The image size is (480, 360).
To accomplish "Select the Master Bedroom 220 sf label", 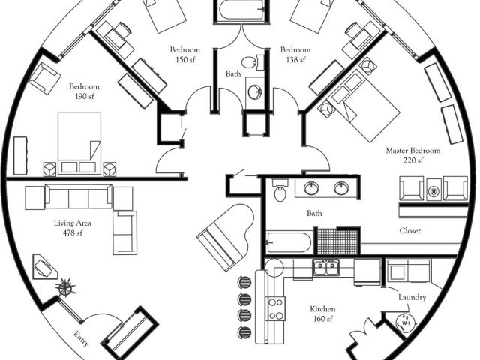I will coord(413,155).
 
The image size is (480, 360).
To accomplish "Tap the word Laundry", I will coord(412,298).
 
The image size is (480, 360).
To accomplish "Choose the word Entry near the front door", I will coord(82,338).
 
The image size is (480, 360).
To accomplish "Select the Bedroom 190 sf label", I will coord(84,91).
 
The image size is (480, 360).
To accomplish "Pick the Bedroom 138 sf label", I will coord(295,55).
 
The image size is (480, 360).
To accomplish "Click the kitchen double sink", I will coord(326,266).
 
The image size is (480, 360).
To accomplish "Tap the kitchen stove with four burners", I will coord(275,308).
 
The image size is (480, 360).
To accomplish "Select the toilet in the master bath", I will coord(280,191).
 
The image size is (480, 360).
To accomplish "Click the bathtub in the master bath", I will coord(288,242).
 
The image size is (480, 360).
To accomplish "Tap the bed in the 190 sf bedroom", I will coord(76,137).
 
